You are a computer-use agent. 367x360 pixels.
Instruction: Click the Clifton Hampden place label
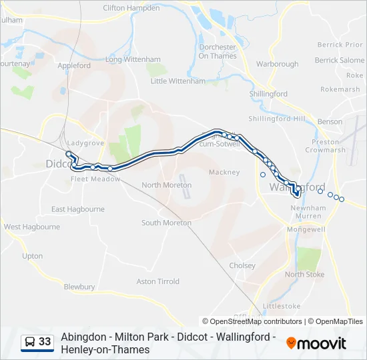pyautogui.click(x=131, y=8)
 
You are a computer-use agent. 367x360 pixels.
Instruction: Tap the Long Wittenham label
pyautogui.click(x=133, y=59)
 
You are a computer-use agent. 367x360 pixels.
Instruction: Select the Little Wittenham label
pyautogui.click(x=178, y=81)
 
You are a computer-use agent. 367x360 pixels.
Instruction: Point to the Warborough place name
pyautogui.click(x=278, y=65)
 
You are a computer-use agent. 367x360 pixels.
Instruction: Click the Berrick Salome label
pyautogui.click(x=340, y=60)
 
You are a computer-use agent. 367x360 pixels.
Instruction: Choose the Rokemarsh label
pyautogui.click(x=340, y=89)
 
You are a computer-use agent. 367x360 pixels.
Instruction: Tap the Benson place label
pyautogui.click(x=330, y=122)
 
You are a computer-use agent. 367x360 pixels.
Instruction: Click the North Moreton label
pyautogui.click(x=167, y=185)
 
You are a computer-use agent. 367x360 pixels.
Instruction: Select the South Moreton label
pyautogui.click(x=166, y=223)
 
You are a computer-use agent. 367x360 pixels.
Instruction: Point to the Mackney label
pyautogui.click(x=224, y=172)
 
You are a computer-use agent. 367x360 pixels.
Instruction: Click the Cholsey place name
pyautogui.click(x=242, y=265)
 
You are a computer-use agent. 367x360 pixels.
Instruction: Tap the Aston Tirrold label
pyautogui.click(x=158, y=281)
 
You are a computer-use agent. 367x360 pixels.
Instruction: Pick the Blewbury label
pyautogui.click(x=79, y=287)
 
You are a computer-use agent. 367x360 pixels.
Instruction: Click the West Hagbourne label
pyautogui.click(x=32, y=227)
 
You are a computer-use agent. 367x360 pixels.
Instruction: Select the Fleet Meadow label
pyautogui.click(x=95, y=179)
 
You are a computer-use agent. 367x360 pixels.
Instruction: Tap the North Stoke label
pyautogui.click(x=304, y=274)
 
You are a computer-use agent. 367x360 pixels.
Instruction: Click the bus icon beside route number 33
pyautogui.click(x=30, y=342)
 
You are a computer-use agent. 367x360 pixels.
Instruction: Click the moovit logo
pyautogui.click(x=316, y=343)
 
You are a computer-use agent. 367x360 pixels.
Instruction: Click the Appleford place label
pyautogui.click(x=74, y=66)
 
